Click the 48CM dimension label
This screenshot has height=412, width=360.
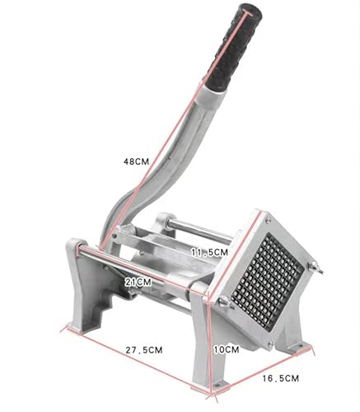(x=136, y=162)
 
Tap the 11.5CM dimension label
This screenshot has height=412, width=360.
(x=209, y=252)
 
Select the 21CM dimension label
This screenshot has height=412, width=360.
(x=138, y=282)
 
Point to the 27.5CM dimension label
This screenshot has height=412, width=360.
(x=144, y=350)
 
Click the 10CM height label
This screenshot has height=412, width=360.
(x=227, y=349)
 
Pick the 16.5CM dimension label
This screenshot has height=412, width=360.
(x=280, y=378)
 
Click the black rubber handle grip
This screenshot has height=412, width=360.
(x=234, y=47)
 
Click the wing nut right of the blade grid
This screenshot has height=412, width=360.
(x=316, y=267)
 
